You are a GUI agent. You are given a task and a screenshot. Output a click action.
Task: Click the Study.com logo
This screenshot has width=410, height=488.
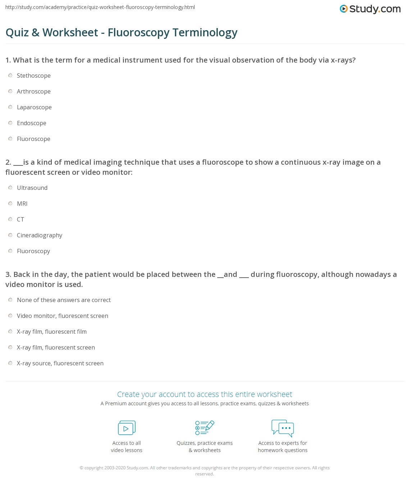coord(370,9)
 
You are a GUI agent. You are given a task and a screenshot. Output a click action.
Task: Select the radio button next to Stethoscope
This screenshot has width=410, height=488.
coord(10,76)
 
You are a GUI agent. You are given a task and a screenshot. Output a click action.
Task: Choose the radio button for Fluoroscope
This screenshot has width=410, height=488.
coord(10,139)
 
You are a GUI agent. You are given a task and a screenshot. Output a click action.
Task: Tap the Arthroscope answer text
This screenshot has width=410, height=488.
coord(34,91)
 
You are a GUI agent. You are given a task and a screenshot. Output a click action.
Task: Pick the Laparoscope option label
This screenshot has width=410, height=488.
coord(34,107)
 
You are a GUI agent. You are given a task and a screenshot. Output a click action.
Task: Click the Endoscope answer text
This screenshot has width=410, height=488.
coord(32,123)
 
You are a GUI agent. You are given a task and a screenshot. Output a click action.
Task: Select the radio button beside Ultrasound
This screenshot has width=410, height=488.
coord(10,188)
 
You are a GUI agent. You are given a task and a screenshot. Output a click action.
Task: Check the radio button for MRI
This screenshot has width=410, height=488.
coord(10,204)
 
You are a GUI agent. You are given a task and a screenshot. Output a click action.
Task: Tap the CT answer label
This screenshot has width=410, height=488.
coord(20,219)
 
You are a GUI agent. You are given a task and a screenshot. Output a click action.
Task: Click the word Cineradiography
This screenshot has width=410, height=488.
coord(40,235)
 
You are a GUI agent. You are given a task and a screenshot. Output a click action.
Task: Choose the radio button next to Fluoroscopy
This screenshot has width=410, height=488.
coord(10,251)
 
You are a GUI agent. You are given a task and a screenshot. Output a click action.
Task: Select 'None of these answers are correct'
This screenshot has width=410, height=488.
coord(64,300)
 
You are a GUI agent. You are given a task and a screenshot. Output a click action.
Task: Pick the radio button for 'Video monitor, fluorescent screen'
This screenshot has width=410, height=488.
coord(10,316)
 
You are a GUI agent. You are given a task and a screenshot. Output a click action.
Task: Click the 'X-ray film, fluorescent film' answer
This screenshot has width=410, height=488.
coord(52,332)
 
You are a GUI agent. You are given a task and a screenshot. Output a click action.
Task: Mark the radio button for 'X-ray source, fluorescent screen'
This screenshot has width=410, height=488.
coord(10,363)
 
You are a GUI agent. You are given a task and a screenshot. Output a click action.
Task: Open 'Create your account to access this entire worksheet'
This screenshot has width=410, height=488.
coord(205,394)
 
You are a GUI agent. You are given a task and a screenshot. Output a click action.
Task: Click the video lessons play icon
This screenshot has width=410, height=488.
coord(127,428)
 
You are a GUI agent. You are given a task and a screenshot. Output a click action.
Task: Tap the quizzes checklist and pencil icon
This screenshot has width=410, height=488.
coord(205,428)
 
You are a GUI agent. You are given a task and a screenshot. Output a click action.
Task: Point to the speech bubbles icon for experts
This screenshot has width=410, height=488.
coord(283,428)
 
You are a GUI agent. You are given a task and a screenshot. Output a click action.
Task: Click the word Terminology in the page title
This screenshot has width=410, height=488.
coord(205,32)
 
